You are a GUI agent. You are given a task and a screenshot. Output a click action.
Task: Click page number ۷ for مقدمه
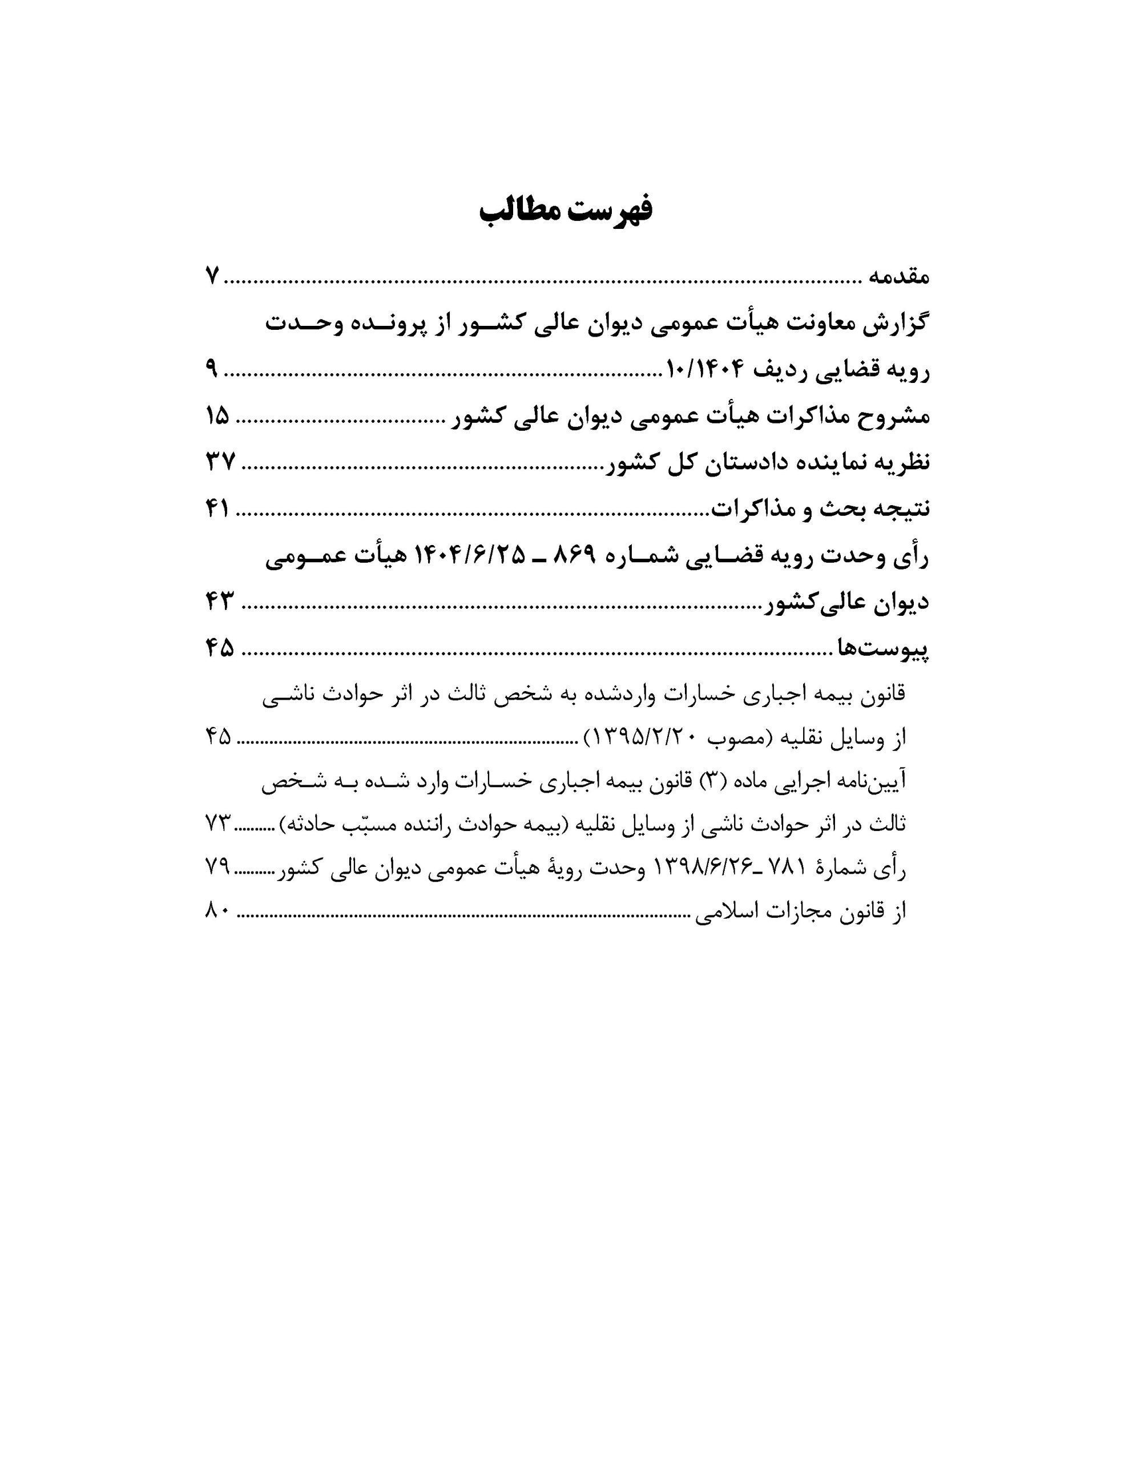pos(212,276)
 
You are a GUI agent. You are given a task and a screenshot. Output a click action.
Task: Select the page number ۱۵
pos(217,417)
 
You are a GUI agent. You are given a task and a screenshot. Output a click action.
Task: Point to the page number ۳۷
pos(220,463)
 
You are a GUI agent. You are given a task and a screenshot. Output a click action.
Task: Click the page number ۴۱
pos(217,510)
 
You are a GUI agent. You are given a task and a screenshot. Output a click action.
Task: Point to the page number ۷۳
pos(218,825)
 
